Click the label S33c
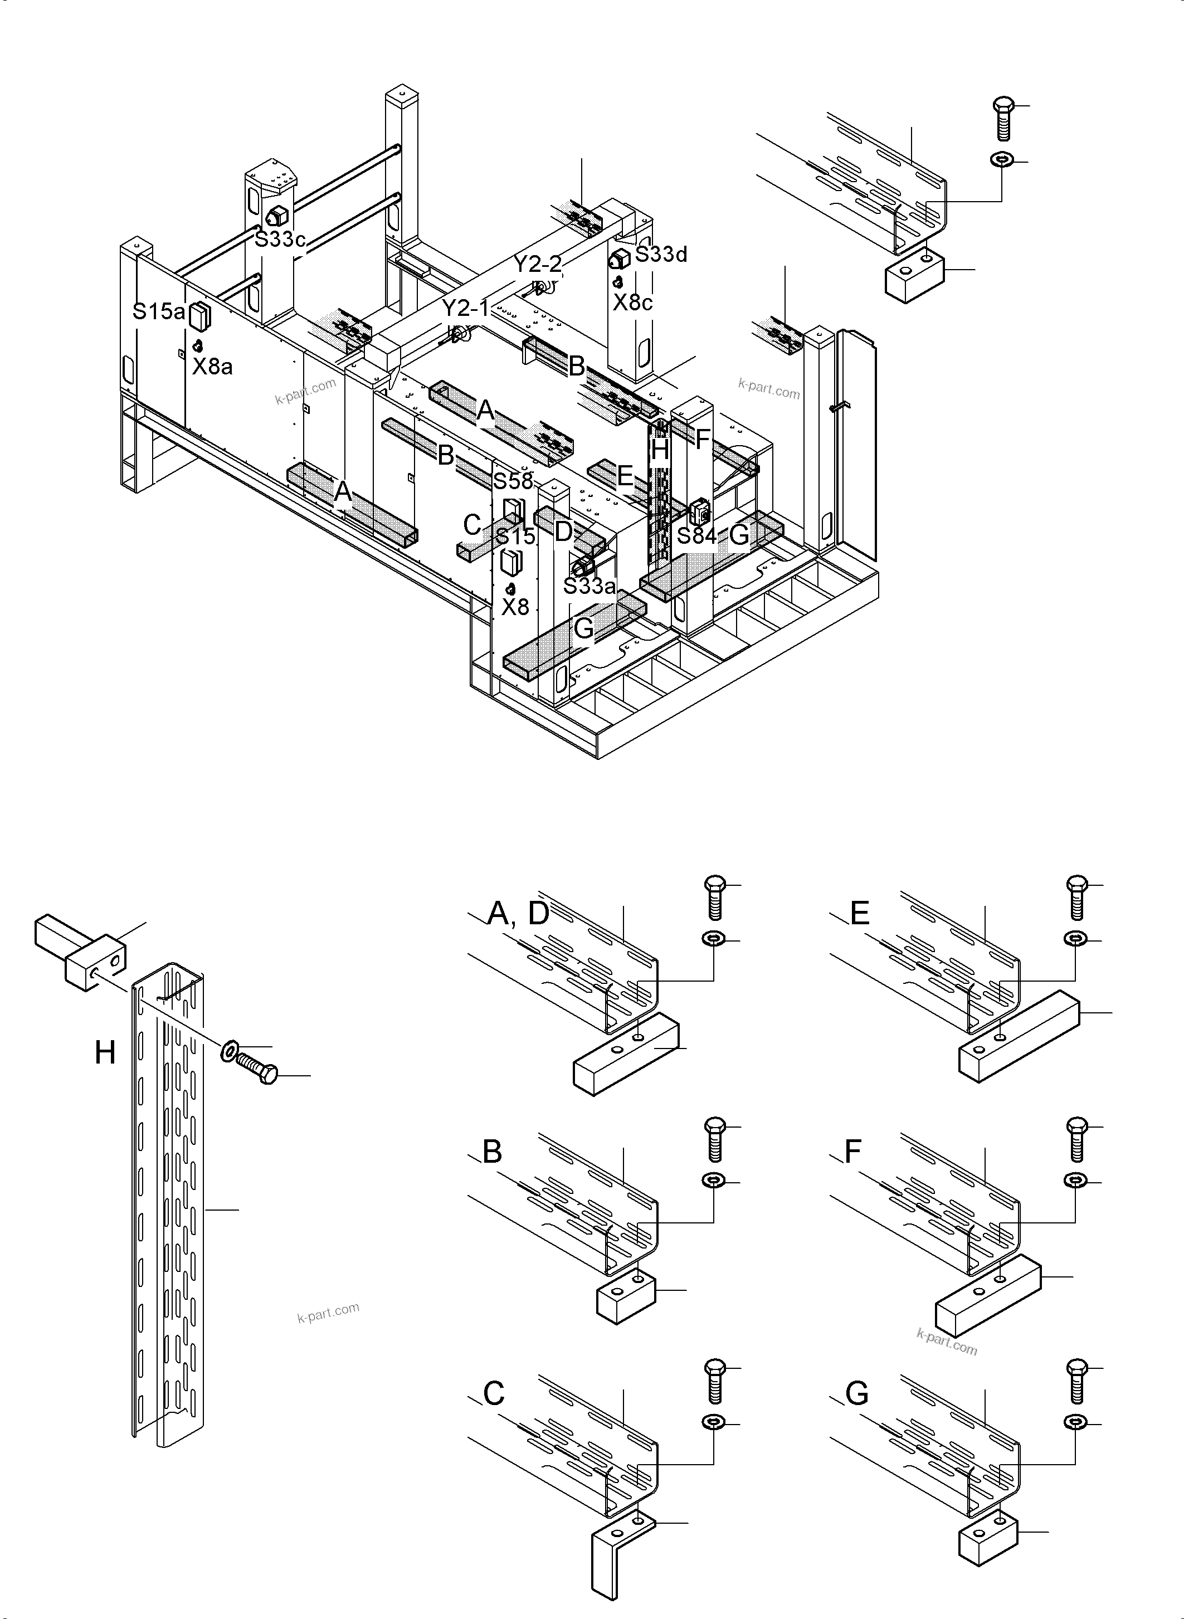click(280, 240)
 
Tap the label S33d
click(661, 255)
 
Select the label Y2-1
click(465, 309)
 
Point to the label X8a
click(212, 367)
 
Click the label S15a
click(158, 312)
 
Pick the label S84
click(696, 535)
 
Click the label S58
click(513, 481)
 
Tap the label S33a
click(589, 586)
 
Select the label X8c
click(633, 303)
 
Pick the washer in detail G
click(1075, 1421)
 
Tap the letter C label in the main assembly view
click(471, 525)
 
